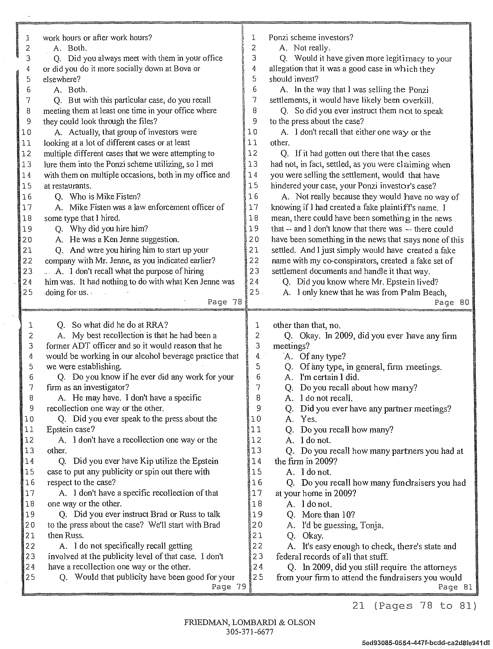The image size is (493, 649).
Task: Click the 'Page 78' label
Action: [x=224, y=302]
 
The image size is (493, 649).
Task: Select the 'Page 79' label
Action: [x=229, y=587]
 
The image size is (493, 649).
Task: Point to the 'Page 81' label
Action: [x=455, y=587]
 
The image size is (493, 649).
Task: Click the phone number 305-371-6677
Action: [x=250, y=632]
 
